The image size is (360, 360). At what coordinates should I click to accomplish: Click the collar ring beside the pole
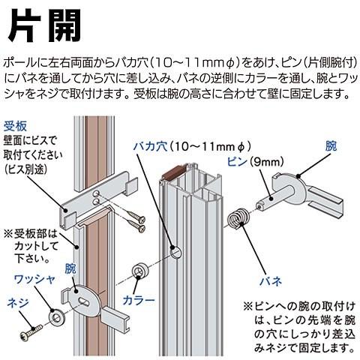[139, 269]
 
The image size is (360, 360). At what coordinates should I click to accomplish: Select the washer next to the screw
[57, 317]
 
